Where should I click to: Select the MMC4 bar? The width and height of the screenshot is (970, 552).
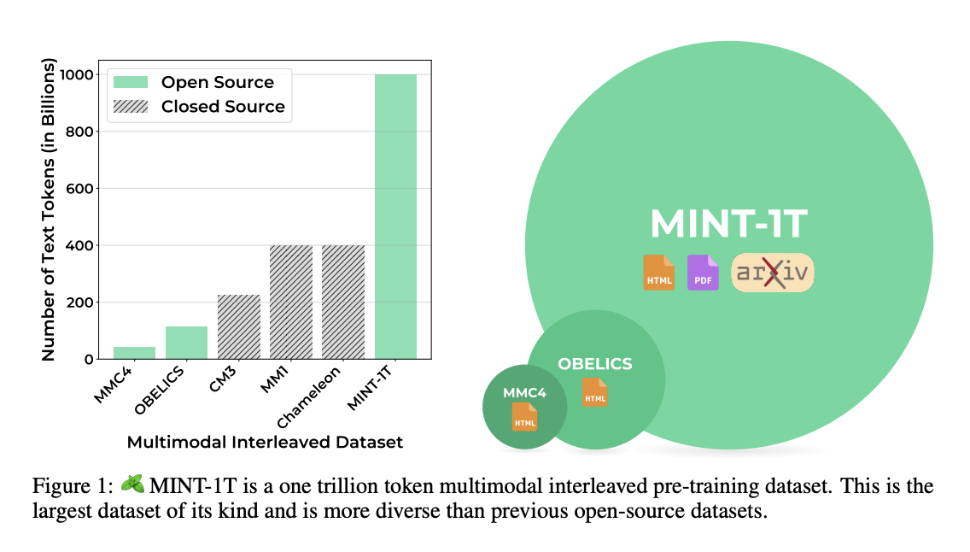pos(135,353)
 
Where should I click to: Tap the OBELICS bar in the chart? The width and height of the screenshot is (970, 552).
pos(187,343)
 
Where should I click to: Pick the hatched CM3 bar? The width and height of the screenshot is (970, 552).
pos(239,326)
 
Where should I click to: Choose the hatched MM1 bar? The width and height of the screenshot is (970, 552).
pos(291,302)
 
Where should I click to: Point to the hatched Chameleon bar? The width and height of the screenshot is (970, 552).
pos(343,302)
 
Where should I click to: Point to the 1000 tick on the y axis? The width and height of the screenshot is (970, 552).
pos(78,75)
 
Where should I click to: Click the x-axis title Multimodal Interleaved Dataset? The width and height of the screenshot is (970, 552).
pos(265,443)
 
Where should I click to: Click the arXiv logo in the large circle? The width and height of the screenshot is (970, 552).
pos(772,273)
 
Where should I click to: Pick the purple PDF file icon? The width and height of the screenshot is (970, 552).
pos(703,273)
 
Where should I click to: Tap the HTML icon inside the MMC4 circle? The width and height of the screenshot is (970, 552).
pos(524,416)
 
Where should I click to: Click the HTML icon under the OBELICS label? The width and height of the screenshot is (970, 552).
pos(594,391)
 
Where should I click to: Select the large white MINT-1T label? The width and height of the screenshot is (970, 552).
pos(728,223)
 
